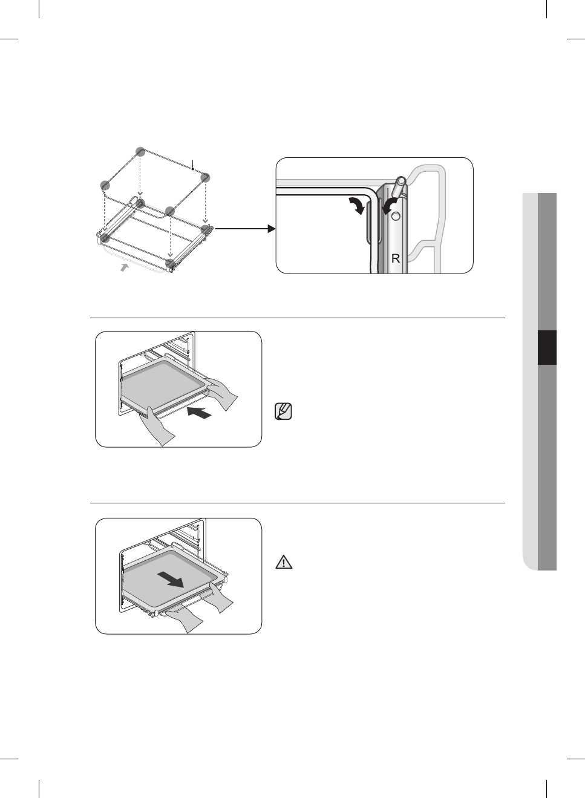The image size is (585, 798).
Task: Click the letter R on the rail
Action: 396,258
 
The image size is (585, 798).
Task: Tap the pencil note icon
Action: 283,412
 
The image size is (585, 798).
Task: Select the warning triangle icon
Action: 283,563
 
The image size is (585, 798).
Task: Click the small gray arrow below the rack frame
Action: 125,267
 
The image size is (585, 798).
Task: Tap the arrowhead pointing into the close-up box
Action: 271,229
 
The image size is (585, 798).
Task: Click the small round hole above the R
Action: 396,217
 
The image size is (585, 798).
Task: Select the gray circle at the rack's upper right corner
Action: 206,177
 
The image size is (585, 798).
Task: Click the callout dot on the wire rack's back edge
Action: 192,170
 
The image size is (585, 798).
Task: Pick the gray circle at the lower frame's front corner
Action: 171,263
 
